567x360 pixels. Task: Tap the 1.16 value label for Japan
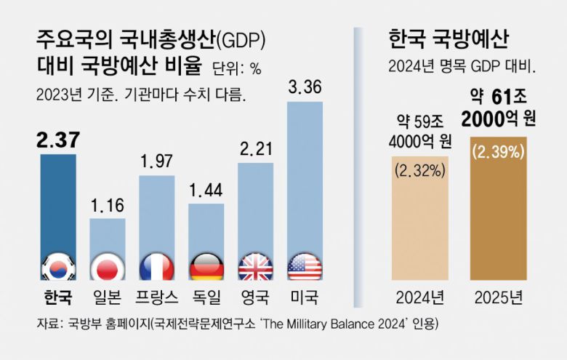click(108, 206)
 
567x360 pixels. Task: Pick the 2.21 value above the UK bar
click(255, 151)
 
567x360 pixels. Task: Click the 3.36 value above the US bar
click(305, 90)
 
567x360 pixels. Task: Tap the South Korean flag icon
click(57, 268)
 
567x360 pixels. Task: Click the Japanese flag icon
click(108, 268)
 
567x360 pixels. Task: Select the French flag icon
click(157, 268)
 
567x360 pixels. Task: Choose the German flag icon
click(206, 268)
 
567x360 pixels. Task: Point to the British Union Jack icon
click(256, 268)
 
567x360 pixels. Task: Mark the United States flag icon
click(305, 268)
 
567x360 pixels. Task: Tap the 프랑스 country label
click(156, 297)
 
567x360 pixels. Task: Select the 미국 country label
click(305, 297)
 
